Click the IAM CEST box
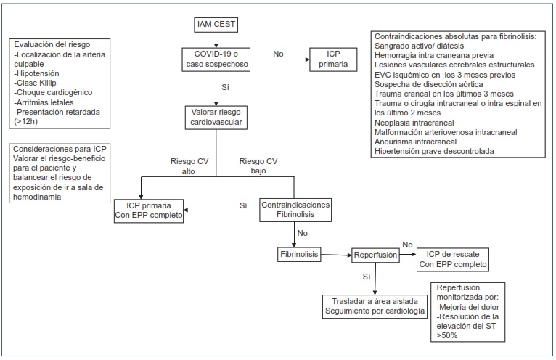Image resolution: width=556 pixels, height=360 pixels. (x=216, y=26)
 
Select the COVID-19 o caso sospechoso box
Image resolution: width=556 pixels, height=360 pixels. (x=216, y=59)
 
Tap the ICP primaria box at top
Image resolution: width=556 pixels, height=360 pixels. (x=333, y=59)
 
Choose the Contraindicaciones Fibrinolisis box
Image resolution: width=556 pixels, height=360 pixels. (x=295, y=210)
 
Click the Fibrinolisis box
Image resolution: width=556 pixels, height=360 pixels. (x=300, y=255)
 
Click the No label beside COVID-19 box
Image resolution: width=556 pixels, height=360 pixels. (x=277, y=53)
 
